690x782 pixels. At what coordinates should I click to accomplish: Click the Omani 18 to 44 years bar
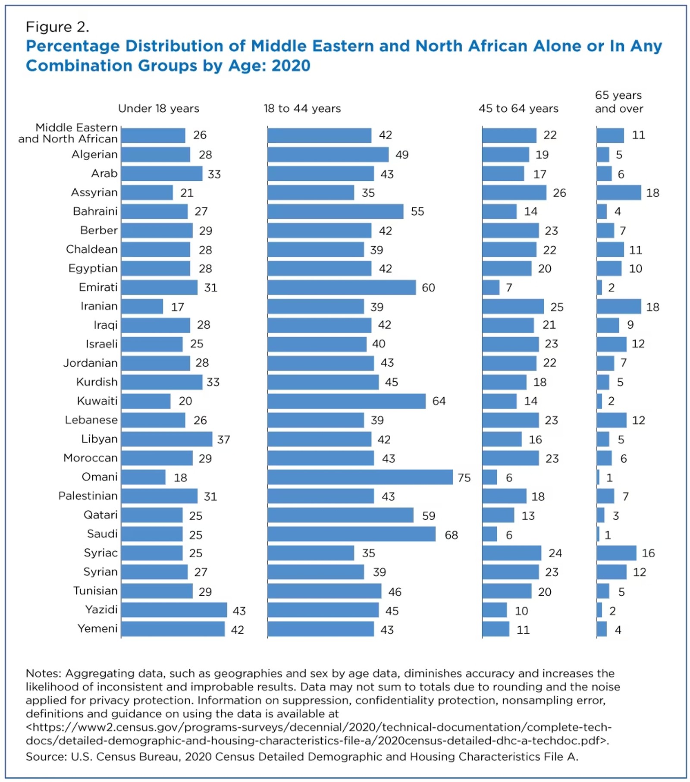(x=360, y=477)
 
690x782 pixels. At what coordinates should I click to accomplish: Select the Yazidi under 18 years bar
(x=174, y=610)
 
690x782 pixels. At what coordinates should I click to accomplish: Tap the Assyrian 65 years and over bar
(x=618, y=192)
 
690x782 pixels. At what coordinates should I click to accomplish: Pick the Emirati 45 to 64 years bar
(x=490, y=287)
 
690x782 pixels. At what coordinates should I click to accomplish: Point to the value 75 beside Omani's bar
(x=464, y=477)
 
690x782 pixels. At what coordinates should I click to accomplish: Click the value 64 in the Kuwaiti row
(x=439, y=401)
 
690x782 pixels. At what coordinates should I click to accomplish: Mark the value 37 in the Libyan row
(x=223, y=440)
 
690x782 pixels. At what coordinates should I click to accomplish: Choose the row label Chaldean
(x=91, y=249)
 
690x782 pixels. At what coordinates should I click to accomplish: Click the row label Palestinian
(x=88, y=496)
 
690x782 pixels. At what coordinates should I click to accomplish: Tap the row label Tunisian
(x=95, y=591)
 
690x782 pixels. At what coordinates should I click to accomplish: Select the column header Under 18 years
(x=159, y=108)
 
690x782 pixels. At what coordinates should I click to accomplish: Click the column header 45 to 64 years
(x=518, y=108)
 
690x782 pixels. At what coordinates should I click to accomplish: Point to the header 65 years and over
(x=618, y=102)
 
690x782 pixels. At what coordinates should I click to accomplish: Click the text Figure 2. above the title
(x=57, y=27)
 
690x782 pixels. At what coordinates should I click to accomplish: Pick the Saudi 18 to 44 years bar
(x=351, y=534)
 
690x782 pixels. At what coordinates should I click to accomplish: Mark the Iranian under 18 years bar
(x=142, y=306)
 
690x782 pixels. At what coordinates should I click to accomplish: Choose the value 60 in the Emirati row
(x=428, y=288)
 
